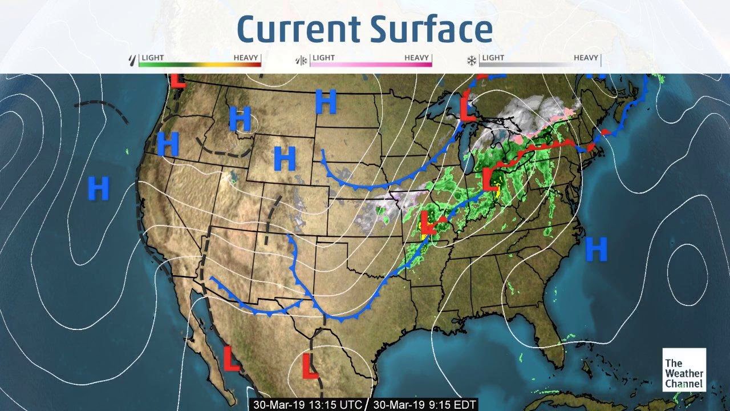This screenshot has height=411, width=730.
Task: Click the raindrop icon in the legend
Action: pos(133,59)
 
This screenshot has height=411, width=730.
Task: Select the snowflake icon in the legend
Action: pos(472,60)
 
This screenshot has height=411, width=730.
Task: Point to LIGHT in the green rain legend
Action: pos(153,58)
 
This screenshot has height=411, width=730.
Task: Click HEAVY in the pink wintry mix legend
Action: pos(417,58)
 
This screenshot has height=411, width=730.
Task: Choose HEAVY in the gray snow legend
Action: pos(586,58)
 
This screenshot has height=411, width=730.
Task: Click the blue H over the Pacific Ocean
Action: pos(99,188)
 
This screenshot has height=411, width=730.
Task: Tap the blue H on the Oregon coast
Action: pos(168,143)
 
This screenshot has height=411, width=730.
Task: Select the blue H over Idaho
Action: pos(240,119)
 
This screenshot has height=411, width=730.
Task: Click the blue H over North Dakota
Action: pos(326,102)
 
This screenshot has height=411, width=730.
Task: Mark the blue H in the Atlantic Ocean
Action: pos(596,249)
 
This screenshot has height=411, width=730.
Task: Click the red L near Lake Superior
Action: pos(468,107)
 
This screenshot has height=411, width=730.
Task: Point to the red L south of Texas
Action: pos(310,366)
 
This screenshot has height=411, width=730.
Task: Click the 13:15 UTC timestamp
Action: pos(309,404)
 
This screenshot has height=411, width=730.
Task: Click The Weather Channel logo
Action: pos(684,370)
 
